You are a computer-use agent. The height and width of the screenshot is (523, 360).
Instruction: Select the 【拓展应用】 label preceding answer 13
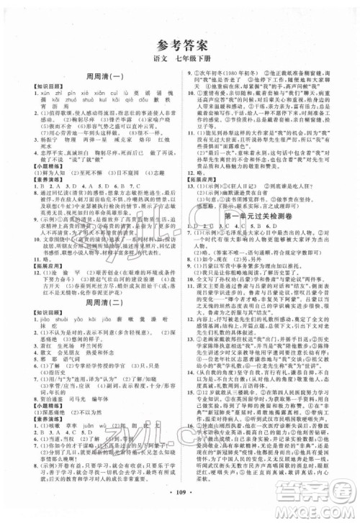pos(210,183)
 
